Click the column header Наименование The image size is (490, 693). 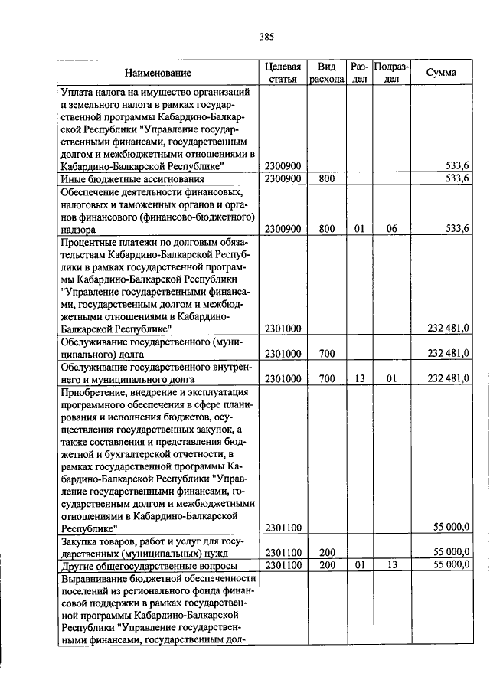point(158,73)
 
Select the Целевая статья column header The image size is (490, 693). point(283,73)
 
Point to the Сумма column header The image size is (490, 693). point(442,73)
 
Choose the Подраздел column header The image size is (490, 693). point(391,73)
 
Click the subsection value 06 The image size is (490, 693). point(391,228)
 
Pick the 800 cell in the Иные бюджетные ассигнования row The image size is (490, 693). point(327,178)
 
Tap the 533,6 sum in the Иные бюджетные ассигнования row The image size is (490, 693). point(456,178)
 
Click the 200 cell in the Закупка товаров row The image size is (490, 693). point(327,552)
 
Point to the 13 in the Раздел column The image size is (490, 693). point(359,378)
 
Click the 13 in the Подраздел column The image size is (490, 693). point(391,564)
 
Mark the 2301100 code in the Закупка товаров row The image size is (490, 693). point(283,552)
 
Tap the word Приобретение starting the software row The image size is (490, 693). point(95,391)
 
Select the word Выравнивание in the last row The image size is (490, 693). point(96,578)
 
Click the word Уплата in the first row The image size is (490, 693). point(77,91)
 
